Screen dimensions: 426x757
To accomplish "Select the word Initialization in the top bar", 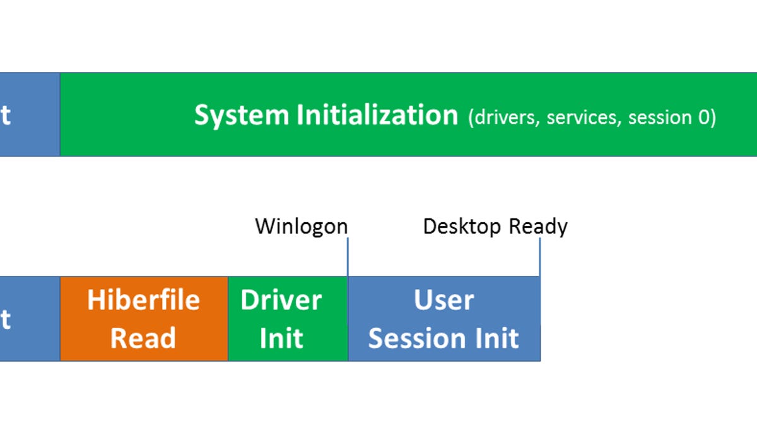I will pos(377,115).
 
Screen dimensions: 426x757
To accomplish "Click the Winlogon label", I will pos(301,226).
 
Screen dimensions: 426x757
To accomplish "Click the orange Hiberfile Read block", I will pos(144,319).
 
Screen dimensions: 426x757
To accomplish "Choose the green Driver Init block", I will pos(288,319).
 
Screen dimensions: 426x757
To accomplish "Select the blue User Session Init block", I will pos(443,319).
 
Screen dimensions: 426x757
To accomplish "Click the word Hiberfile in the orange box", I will pos(144,300).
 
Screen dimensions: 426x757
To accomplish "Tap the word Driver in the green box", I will pos(281,300).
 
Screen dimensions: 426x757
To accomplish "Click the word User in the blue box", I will pos(443,300).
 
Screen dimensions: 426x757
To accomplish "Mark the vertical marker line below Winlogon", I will pos(348,256).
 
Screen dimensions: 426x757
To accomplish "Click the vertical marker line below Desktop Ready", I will pos(540,256).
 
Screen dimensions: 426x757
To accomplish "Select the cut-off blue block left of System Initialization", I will pos(29,114).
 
